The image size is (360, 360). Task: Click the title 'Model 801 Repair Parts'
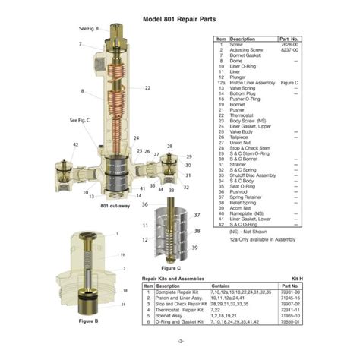(x=182, y=20)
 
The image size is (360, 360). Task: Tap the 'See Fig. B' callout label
(x=89, y=28)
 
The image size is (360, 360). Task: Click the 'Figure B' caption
(x=90, y=321)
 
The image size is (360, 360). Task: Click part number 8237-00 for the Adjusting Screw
(x=289, y=50)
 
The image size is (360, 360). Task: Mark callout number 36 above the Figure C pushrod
(x=145, y=204)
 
